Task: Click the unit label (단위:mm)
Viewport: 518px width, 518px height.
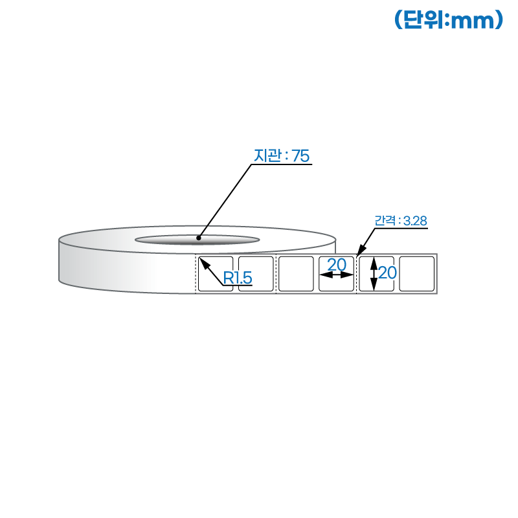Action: coord(449,19)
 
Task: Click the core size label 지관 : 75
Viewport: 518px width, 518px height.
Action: coord(282,155)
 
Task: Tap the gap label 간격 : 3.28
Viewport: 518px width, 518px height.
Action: coord(400,221)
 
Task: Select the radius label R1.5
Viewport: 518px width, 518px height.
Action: coord(238,278)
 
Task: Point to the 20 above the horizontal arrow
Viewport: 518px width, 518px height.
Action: coord(337,265)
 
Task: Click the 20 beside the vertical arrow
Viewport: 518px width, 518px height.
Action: coord(387,273)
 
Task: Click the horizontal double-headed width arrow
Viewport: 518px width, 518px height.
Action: coord(336,275)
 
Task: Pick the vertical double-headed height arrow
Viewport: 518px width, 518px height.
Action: coord(374,274)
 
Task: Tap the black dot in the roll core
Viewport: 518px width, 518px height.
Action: coord(199,238)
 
